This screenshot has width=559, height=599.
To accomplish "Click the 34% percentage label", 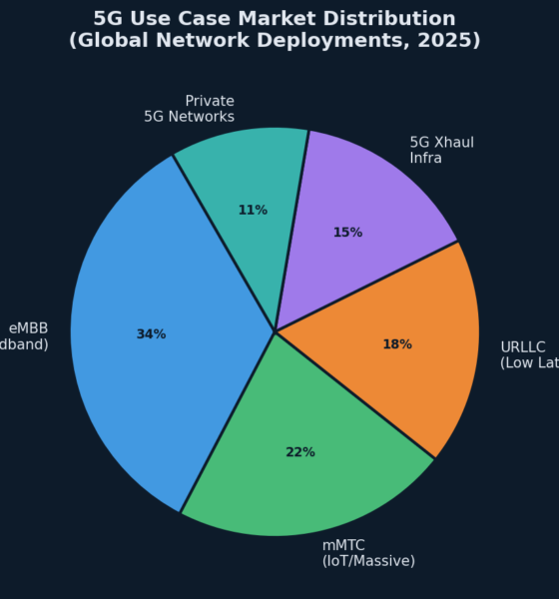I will (151, 334).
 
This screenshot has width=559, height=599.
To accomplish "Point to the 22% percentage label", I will (300, 452).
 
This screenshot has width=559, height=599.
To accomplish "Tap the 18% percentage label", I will (397, 344).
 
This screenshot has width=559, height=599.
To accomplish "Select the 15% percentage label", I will (347, 233).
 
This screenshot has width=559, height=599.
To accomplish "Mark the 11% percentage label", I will (253, 211).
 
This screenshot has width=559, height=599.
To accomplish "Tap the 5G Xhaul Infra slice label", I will (441, 150).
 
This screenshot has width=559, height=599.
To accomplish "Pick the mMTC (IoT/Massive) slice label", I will (367, 553).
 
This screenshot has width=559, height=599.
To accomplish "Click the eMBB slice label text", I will (26, 336).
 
